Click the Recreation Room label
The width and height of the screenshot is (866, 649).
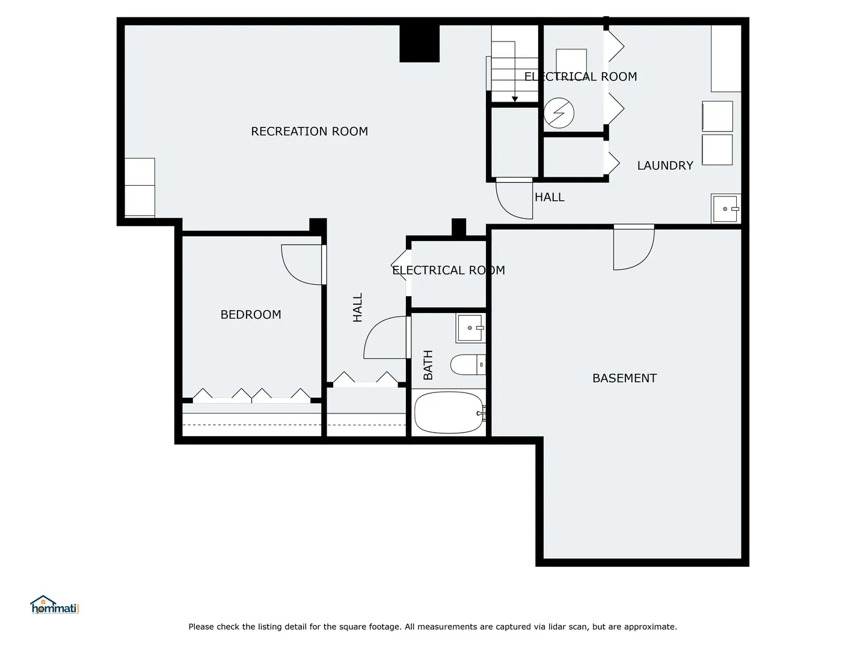(x=309, y=131)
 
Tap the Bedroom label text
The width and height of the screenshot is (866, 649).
(x=251, y=314)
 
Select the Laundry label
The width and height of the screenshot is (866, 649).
(x=665, y=165)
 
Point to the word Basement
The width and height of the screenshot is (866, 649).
(x=625, y=379)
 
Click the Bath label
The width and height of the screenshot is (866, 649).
(x=428, y=365)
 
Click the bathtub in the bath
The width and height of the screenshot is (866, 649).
(x=449, y=413)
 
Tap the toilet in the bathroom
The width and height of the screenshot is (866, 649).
(x=468, y=365)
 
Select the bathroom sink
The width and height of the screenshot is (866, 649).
(x=471, y=328)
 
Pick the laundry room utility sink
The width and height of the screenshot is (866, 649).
(x=725, y=209)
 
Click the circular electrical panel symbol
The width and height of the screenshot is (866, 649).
(x=559, y=113)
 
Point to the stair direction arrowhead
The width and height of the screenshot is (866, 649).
(x=514, y=99)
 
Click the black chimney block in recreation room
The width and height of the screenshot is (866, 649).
(x=419, y=43)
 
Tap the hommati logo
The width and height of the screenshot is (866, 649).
(x=55, y=605)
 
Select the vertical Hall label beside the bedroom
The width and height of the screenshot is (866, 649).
(x=357, y=307)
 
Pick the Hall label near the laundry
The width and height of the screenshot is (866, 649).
(x=550, y=197)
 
